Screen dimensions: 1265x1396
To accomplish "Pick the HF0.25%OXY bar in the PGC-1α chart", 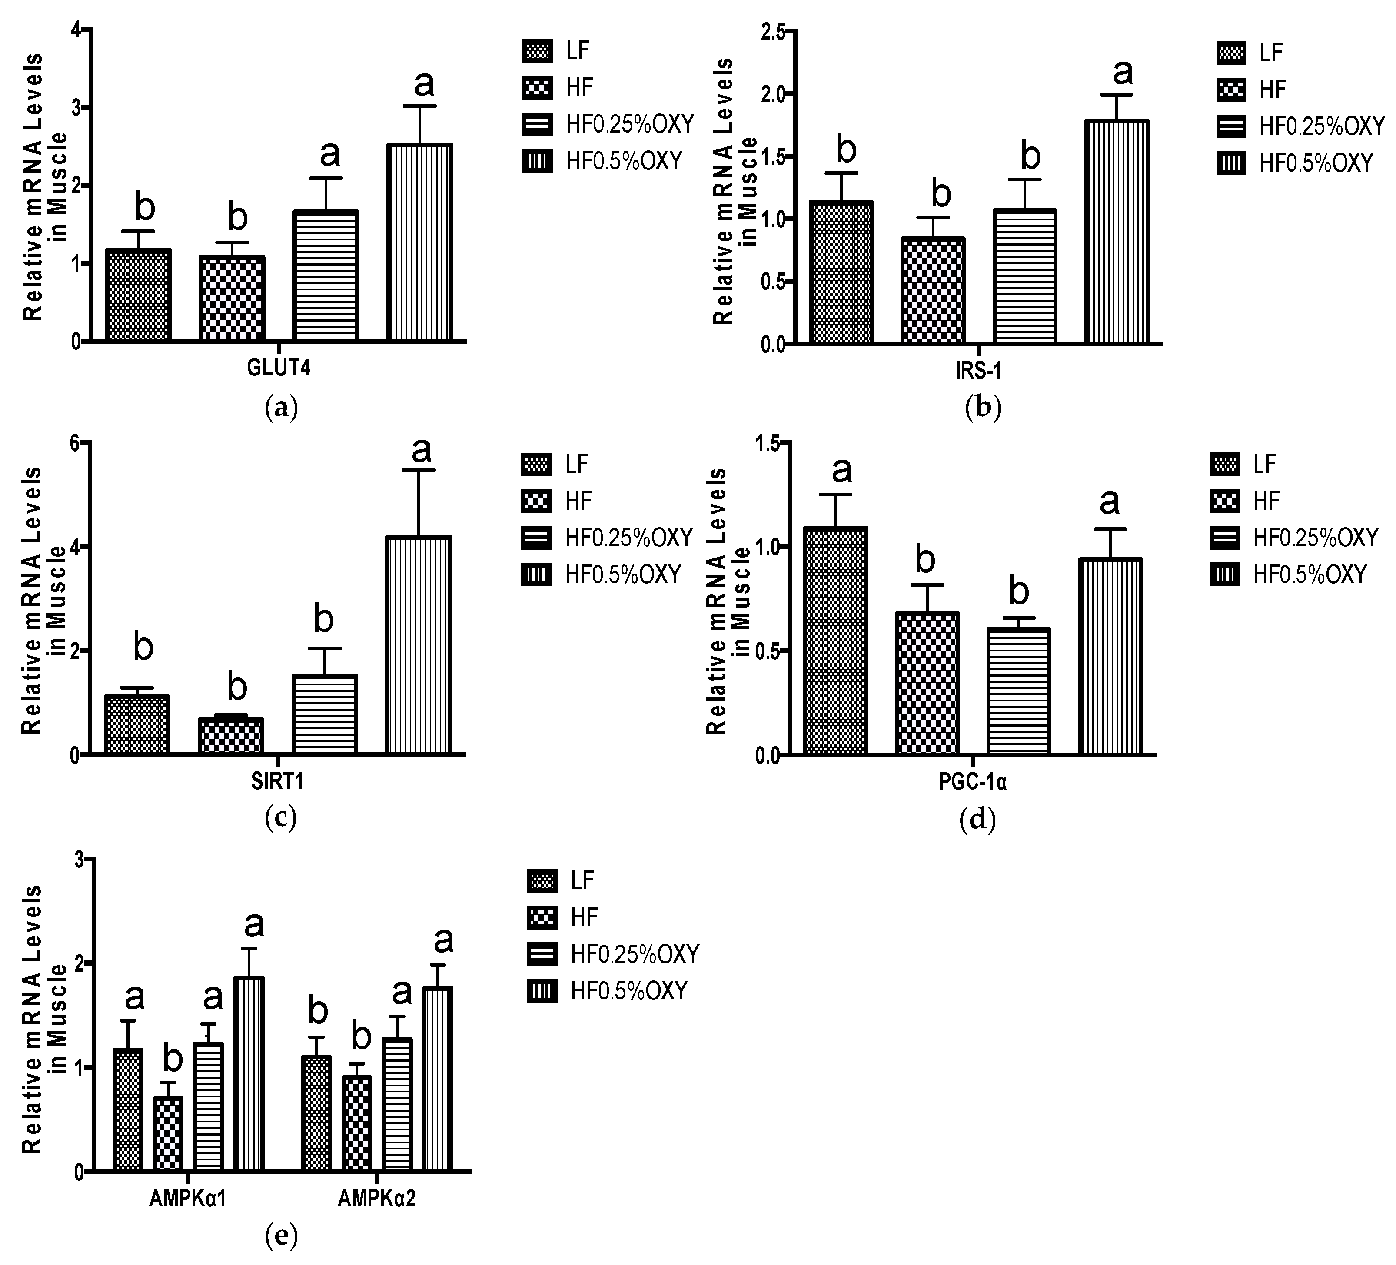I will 1019,691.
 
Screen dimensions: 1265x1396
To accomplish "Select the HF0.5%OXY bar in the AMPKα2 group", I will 438,1079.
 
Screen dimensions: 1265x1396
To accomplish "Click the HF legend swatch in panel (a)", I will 537,88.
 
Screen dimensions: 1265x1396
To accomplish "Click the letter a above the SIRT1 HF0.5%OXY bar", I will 421,450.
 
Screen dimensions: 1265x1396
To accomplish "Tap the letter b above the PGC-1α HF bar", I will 925,559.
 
